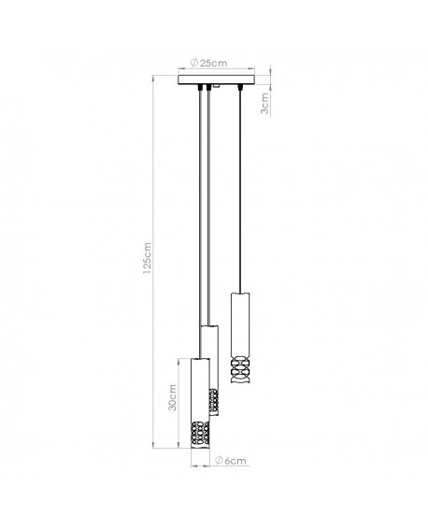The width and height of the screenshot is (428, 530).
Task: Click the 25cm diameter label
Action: coord(211,63)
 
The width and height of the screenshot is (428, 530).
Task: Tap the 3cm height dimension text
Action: coord(266,103)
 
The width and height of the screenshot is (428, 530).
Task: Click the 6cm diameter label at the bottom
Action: coord(234,461)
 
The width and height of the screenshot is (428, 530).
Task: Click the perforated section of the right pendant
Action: coord(238,373)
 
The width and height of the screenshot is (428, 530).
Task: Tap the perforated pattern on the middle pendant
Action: coord(214,402)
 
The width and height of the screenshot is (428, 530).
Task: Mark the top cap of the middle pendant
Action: coord(211,327)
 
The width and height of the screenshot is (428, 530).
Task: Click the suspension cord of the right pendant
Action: coord(242,187)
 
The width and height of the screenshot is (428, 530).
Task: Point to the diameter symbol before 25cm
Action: coord(192,63)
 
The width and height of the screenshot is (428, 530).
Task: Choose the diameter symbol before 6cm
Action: coord(218,461)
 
